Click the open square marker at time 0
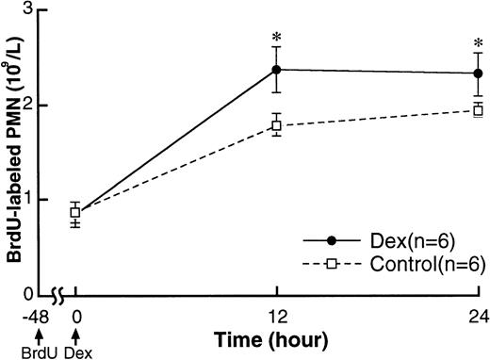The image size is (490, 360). point(75,213)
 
